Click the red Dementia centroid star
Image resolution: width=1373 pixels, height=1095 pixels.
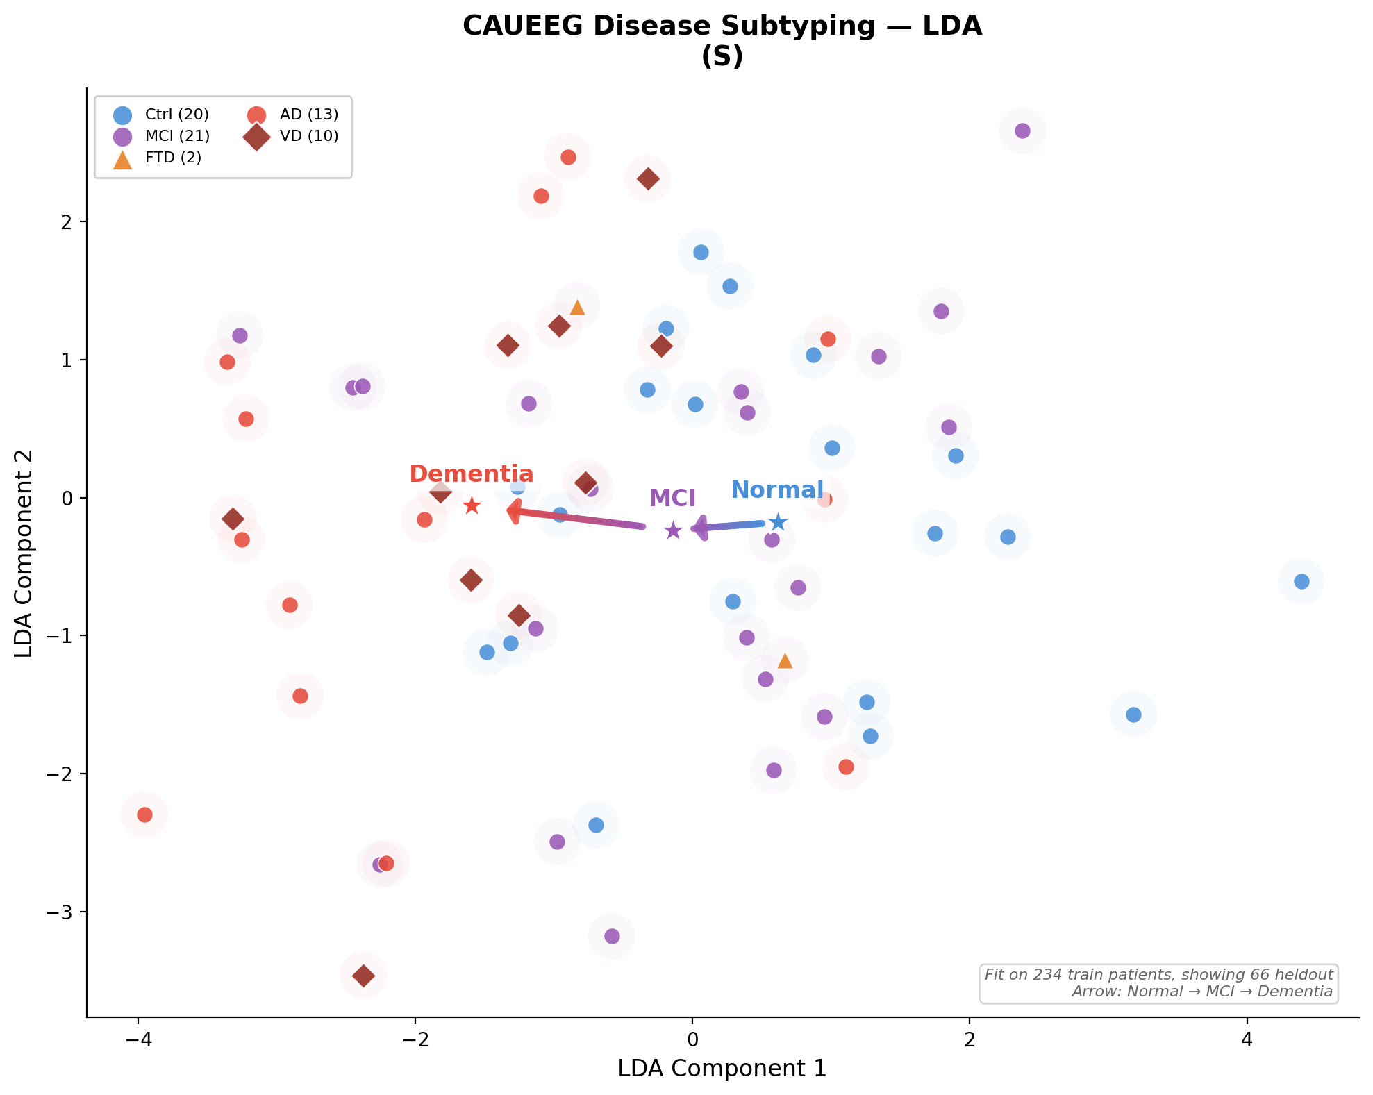pyautogui.click(x=472, y=505)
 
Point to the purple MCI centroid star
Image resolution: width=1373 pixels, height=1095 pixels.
pyautogui.click(x=673, y=530)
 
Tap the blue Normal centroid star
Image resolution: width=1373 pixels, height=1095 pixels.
pyautogui.click(x=779, y=522)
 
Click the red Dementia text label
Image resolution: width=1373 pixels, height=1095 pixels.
pyautogui.click(x=471, y=474)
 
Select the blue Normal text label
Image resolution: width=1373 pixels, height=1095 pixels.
pyautogui.click(x=777, y=490)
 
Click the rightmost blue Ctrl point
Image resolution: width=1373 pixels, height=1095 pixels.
pyautogui.click(x=1301, y=581)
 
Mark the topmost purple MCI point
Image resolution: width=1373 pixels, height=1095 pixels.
pyautogui.click(x=1022, y=131)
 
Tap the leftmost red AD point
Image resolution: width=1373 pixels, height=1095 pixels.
pyautogui.click(x=144, y=814)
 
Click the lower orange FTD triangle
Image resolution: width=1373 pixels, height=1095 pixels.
pyautogui.click(x=785, y=660)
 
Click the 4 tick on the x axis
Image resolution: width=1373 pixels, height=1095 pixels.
pyautogui.click(x=1247, y=1039)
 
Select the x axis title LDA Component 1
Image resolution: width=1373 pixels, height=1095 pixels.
pyautogui.click(x=722, y=1069)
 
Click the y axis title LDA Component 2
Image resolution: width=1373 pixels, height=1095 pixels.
pyautogui.click(x=24, y=553)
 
